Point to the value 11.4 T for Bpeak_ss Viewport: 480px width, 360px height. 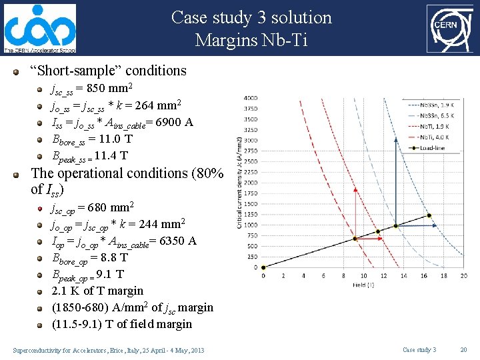[111, 156]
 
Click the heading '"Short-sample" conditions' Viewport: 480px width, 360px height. [109, 71]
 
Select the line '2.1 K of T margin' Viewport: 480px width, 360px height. [97, 291]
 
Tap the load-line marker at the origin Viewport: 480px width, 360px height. [263, 267]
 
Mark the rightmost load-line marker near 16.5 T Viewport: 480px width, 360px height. [429, 215]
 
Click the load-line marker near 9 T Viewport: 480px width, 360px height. [354, 239]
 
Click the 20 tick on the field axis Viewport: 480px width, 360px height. [464, 275]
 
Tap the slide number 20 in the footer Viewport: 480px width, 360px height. [464, 350]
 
